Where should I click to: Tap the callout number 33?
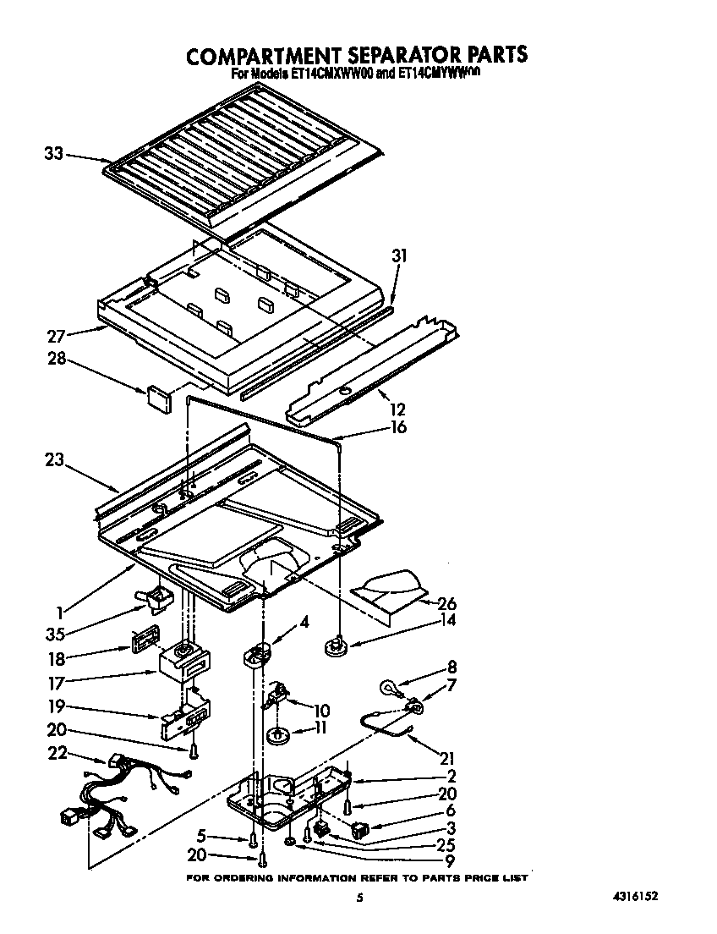point(53,153)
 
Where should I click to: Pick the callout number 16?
point(397,427)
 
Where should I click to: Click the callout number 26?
point(446,603)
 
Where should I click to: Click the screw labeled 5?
point(252,839)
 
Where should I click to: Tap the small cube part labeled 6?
point(359,830)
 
